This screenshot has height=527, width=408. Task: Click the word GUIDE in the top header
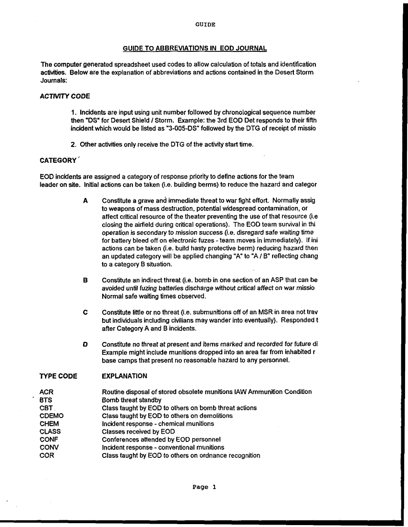pos(205,24)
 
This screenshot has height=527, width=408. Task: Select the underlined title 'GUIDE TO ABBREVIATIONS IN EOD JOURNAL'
pos(195,48)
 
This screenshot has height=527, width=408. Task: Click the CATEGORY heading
pos(58,160)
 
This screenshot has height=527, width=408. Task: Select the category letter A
pos(85,200)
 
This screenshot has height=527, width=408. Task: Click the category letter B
pos(85,280)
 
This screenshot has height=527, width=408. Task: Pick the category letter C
pos(85,312)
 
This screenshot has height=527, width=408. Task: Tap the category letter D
pos(85,344)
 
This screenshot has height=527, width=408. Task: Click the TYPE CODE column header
pos(58,376)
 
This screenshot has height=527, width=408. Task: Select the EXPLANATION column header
pos(124,376)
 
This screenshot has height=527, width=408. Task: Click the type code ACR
pos(47,392)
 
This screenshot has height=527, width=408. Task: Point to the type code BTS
pos(46,400)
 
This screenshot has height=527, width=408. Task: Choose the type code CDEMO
pos(51,416)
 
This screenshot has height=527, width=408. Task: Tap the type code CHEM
pos(49,424)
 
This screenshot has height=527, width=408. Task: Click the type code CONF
pos(49,439)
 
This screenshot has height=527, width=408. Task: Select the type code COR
pos(47,455)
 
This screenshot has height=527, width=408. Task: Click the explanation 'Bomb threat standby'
pos(132,400)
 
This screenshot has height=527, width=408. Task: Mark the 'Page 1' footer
pos(204,487)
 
